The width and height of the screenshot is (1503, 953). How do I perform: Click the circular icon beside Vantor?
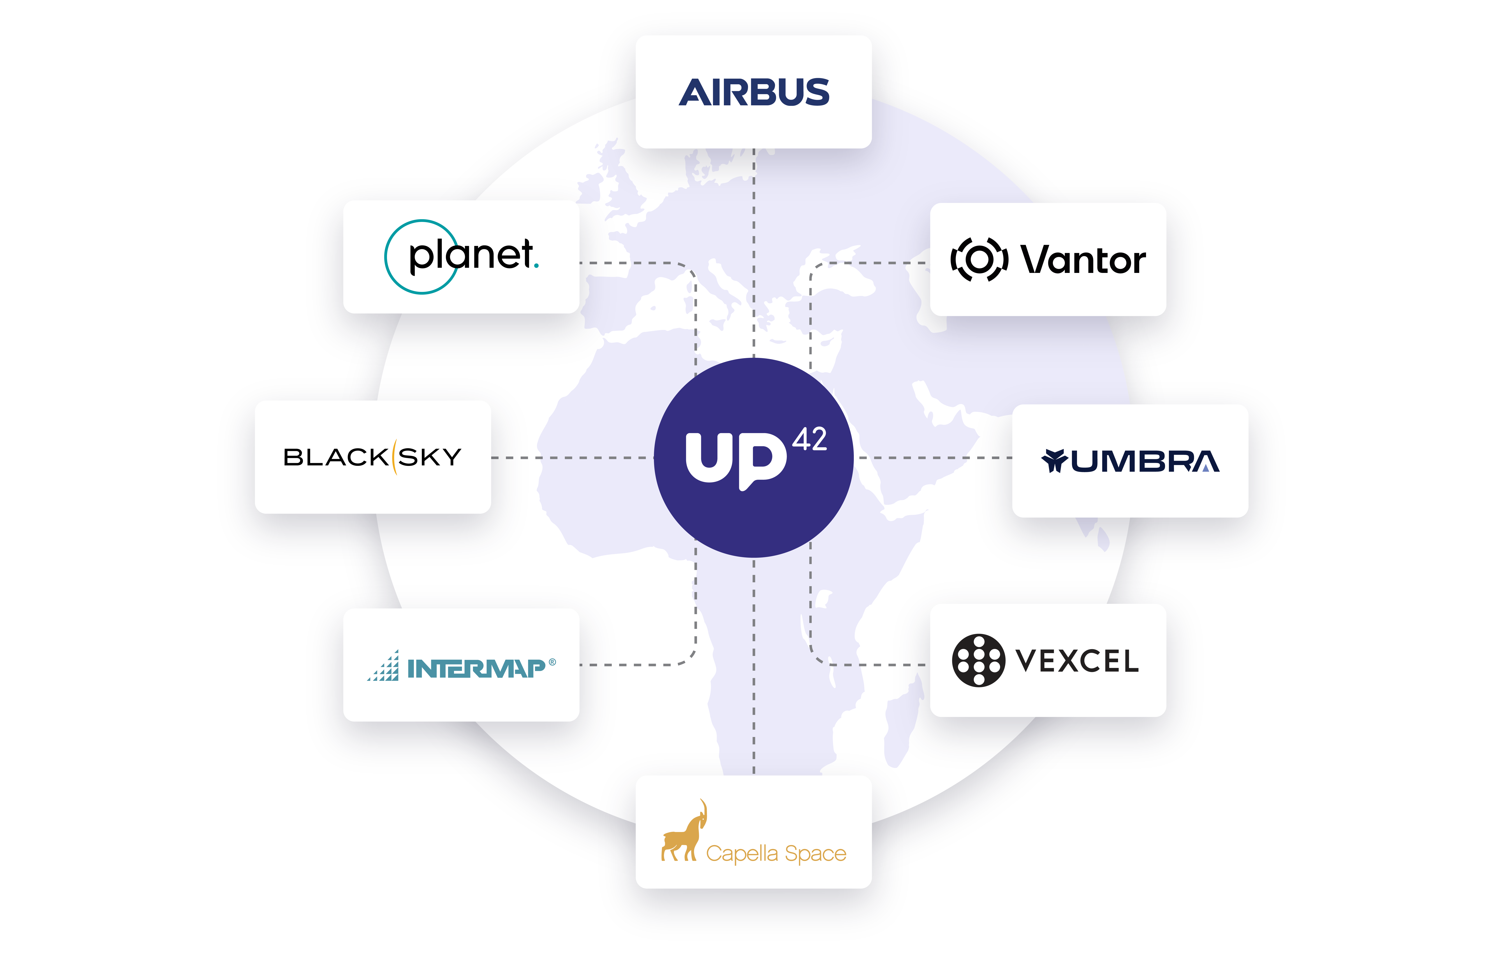979,259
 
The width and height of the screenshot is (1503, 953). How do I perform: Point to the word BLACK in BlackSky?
336,457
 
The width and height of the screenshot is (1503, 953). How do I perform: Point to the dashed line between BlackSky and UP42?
571,458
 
